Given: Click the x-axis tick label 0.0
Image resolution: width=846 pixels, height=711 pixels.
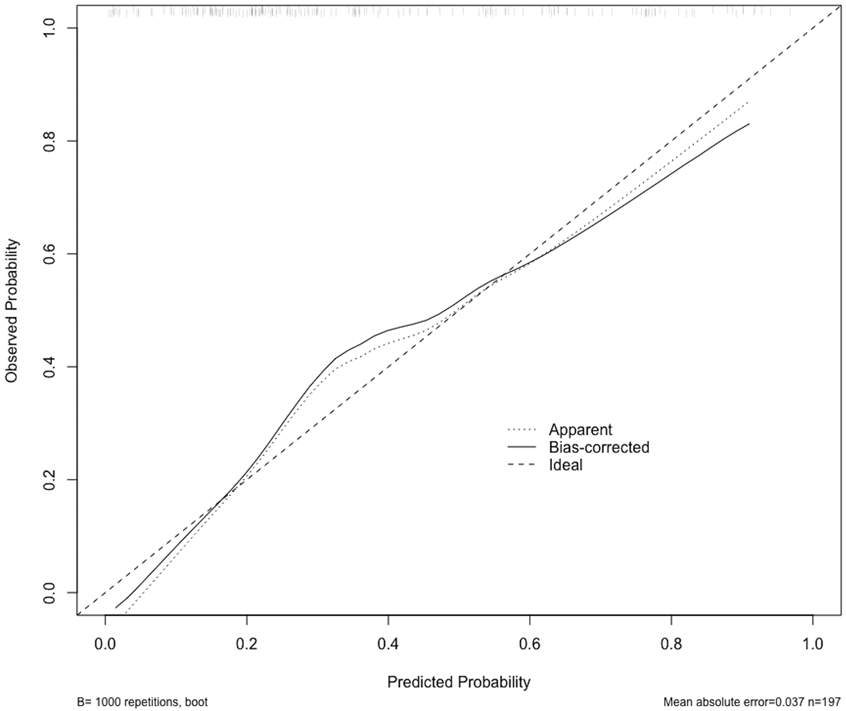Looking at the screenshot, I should (105, 644).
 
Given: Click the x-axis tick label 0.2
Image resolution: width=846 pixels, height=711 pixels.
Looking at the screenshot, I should (246, 644).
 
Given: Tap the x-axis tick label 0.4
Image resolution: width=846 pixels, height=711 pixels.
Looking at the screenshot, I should (388, 644).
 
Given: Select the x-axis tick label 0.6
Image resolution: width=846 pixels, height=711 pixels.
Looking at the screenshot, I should (529, 644).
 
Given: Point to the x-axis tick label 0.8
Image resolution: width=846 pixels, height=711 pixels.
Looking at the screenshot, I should (671, 644).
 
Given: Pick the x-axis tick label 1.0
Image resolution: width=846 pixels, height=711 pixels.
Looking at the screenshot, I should (813, 644).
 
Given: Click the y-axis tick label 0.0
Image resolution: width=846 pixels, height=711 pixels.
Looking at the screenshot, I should (50, 593).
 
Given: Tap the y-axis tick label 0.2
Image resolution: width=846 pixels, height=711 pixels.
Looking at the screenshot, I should (50, 479).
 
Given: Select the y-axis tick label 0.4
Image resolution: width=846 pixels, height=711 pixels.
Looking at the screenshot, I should (50, 366).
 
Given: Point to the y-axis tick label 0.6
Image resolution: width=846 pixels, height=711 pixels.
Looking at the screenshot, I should (50, 254).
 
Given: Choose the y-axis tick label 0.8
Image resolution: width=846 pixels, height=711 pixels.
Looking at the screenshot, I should (50, 141).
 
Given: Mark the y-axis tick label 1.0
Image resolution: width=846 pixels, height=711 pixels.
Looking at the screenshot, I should (50, 27).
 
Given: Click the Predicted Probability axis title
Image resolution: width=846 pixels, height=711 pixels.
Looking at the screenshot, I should (458, 682).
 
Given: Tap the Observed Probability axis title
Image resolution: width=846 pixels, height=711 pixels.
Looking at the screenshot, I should (12, 311).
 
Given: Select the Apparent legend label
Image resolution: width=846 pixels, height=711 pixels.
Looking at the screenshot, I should (580, 430).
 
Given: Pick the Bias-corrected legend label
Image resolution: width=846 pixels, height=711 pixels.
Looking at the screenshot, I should (599, 447).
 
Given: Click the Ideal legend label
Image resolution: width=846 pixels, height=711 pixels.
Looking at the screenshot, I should (565, 465).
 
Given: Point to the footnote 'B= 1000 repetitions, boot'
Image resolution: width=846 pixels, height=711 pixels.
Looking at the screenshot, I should (142, 703).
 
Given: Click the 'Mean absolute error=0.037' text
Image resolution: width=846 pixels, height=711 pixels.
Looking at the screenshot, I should (737, 703).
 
